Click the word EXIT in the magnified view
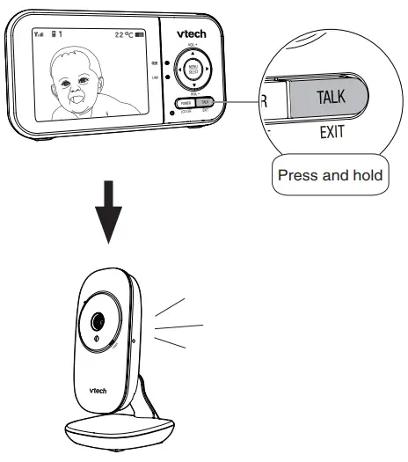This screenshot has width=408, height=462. pyautogui.click(x=332, y=136)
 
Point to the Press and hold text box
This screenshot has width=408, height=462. pyautogui.click(x=330, y=175)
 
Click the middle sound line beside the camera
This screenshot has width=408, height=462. pyautogui.click(x=180, y=326)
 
